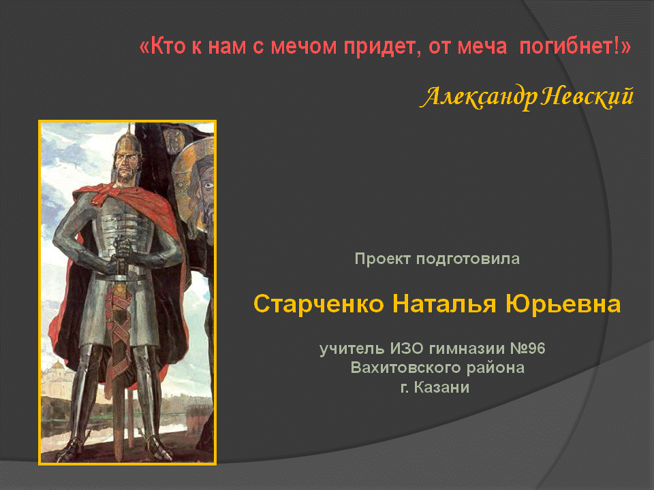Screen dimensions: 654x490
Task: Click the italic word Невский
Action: tap(588, 97)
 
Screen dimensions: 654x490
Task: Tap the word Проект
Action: tap(382, 259)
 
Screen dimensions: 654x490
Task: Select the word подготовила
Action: tap(468, 259)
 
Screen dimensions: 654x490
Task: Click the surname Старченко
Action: tap(319, 304)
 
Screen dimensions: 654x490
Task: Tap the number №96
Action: tap(528, 348)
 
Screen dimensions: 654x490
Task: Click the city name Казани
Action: tap(441, 387)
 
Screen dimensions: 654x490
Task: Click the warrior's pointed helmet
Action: tap(127, 142)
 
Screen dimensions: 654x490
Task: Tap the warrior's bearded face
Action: tap(126, 167)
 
